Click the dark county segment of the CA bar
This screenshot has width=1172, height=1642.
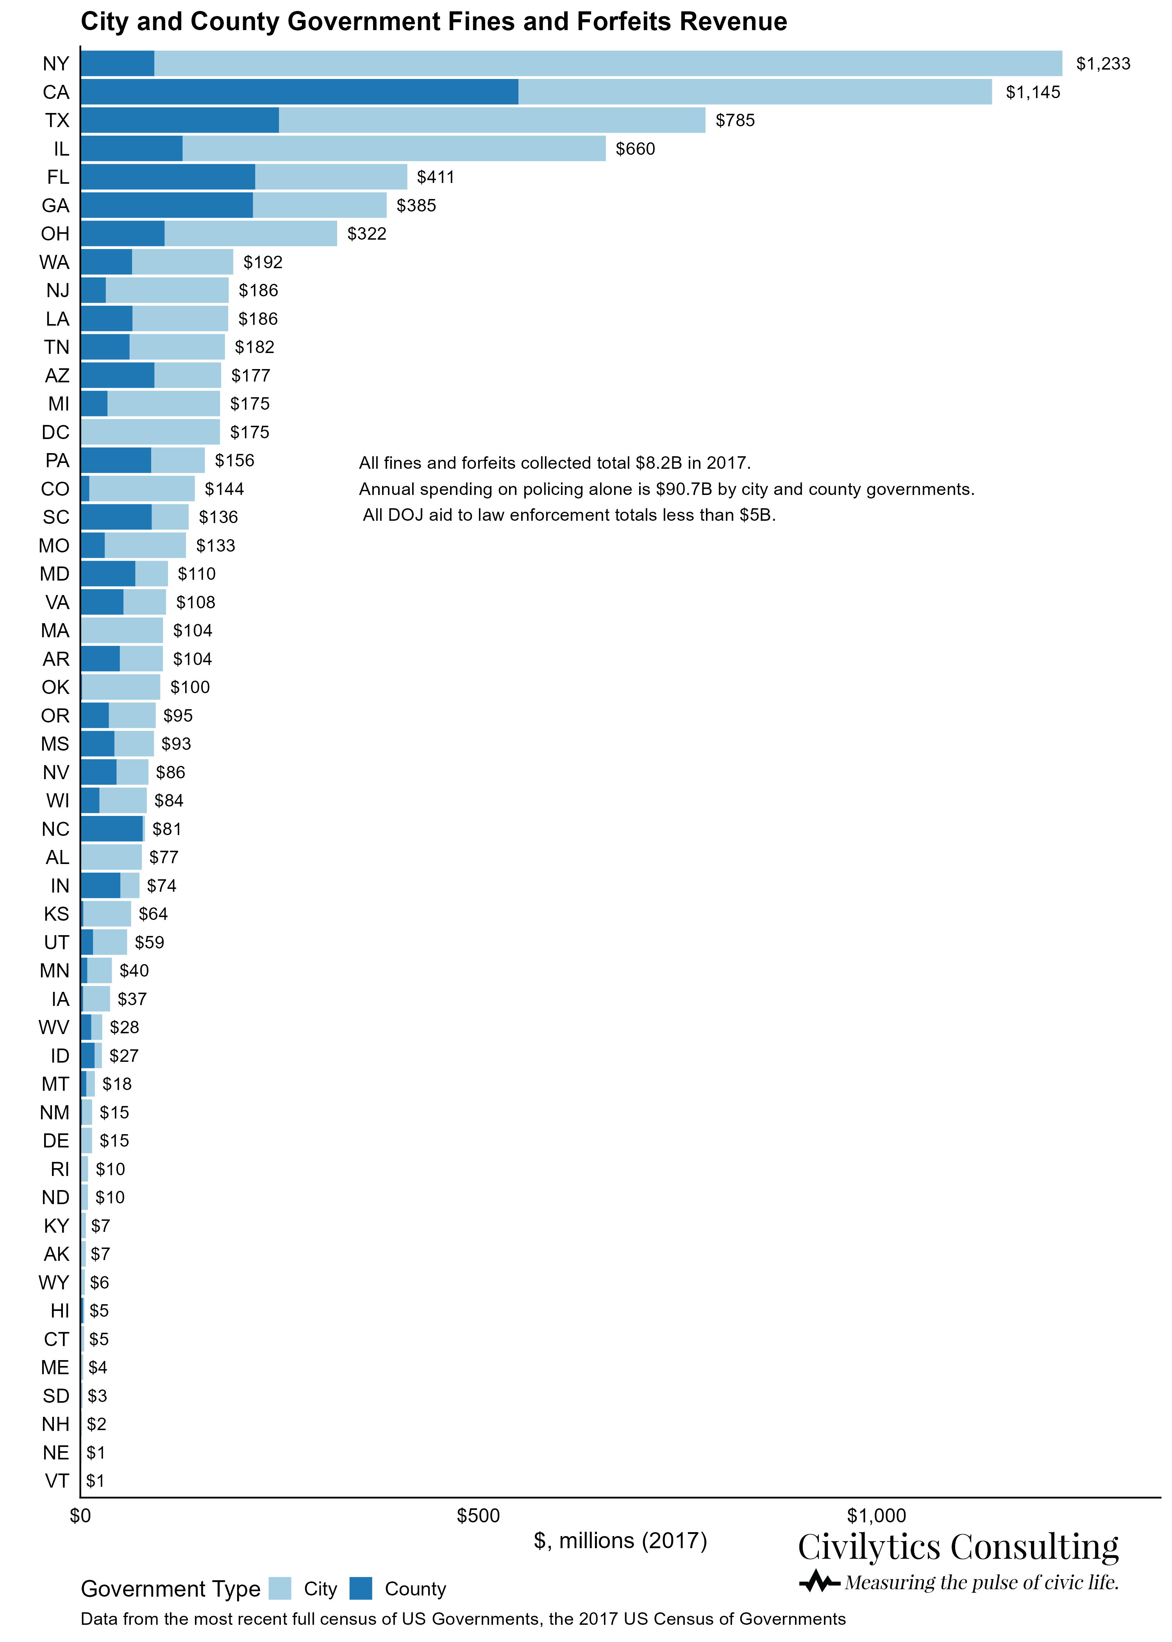[x=300, y=92]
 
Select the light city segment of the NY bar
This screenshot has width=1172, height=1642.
[x=608, y=64]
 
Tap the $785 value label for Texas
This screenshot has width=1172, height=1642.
[x=735, y=120]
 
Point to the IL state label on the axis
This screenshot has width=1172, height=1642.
[x=61, y=149]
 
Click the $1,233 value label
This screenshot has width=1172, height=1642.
[x=1103, y=64]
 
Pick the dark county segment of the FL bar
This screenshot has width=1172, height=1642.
[x=168, y=177]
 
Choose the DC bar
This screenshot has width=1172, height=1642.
[x=150, y=432]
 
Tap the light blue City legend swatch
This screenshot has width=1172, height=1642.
[x=280, y=1588]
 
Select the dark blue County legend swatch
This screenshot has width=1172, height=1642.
[x=361, y=1588]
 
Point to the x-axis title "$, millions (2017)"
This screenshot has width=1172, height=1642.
[x=620, y=1541]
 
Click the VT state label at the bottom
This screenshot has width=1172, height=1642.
[x=57, y=1481]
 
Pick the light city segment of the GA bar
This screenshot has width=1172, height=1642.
[x=320, y=205]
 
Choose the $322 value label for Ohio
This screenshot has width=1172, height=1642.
[x=366, y=234]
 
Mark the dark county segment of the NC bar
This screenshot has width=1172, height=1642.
[x=112, y=829]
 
